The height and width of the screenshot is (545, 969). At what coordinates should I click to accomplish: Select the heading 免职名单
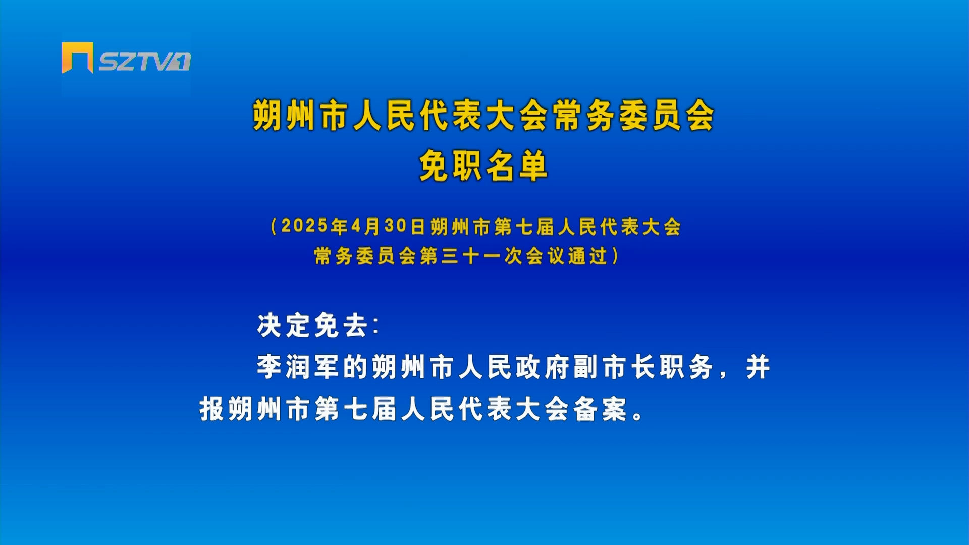[x=483, y=166]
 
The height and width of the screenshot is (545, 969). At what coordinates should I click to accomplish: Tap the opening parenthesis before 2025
[x=274, y=227]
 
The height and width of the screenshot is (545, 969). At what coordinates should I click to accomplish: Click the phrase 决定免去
[x=312, y=325]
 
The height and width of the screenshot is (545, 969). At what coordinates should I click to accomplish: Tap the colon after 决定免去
[x=375, y=325]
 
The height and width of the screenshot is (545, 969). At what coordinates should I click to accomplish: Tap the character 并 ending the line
[x=758, y=367]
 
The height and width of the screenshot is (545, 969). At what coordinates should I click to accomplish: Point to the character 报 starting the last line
[x=211, y=409]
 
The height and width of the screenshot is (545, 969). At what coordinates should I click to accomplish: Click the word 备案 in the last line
[x=601, y=409]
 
